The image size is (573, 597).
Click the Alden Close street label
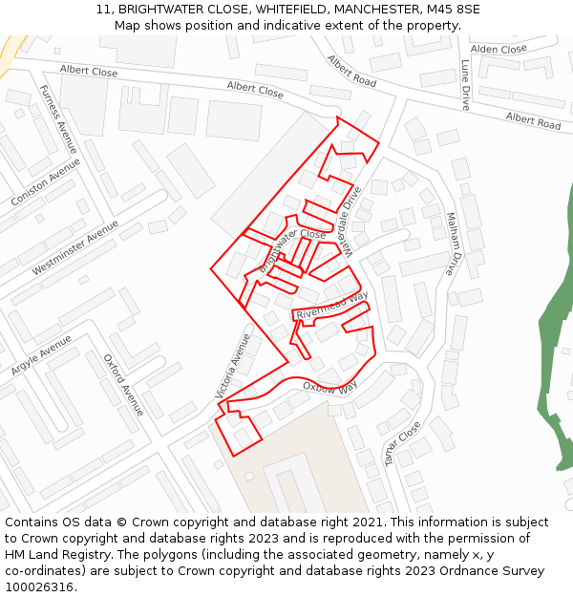click(x=499, y=49)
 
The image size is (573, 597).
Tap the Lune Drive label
click(x=465, y=85)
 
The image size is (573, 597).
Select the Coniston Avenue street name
click(x=46, y=182)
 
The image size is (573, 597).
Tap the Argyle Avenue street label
click(x=41, y=354)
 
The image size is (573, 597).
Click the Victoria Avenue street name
click(x=233, y=366)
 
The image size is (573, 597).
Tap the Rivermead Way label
click(x=331, y=305)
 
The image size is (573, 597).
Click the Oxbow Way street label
click(x=329, y=387)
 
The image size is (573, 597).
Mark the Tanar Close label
click(x=402, y=444)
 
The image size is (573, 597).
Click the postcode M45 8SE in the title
click(x=454, y=9)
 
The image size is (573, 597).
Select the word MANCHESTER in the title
click(x=370, y=9)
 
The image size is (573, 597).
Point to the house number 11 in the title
click(x=102, y=9)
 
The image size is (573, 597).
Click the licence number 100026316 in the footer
click(x=40, y=586)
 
